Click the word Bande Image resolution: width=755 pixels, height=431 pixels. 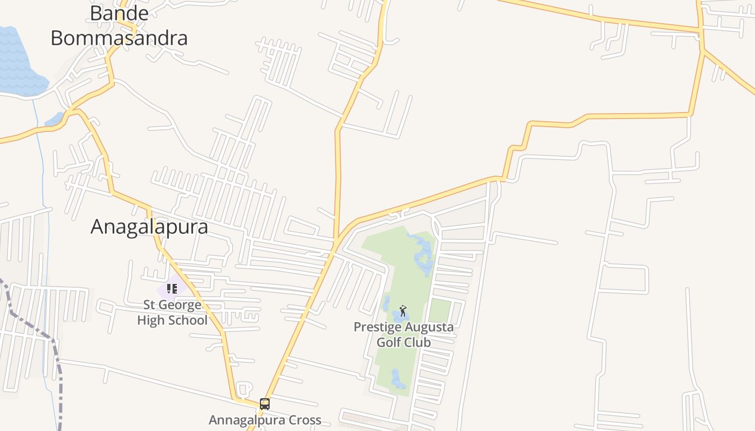pyautogui.click(x=119, y=13)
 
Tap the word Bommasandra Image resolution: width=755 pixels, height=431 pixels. pyautogui.click(x=119, y=38)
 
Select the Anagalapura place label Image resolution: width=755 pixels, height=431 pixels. pyautogui.click(x=149, y=227)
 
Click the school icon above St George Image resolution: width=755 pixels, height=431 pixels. pyautogui.click(x=172, y=289)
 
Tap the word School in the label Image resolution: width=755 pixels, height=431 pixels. pyautogui.click(x=187, y=321)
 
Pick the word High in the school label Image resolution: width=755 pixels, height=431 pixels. pyautogui.click(x=150, y=321)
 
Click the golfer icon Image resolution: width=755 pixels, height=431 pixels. pyautogui.click(x=403, y=311)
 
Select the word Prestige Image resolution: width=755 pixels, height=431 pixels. pyautogui.click(x=377, y=327)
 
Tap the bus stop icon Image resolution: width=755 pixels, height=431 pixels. pyautogui.click(x=264, y=404)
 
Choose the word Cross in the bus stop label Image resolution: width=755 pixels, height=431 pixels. pyautogui.click(x=303, y=420)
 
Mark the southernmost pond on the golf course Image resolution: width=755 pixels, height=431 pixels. pyautogui.click(x=397, y=379)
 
